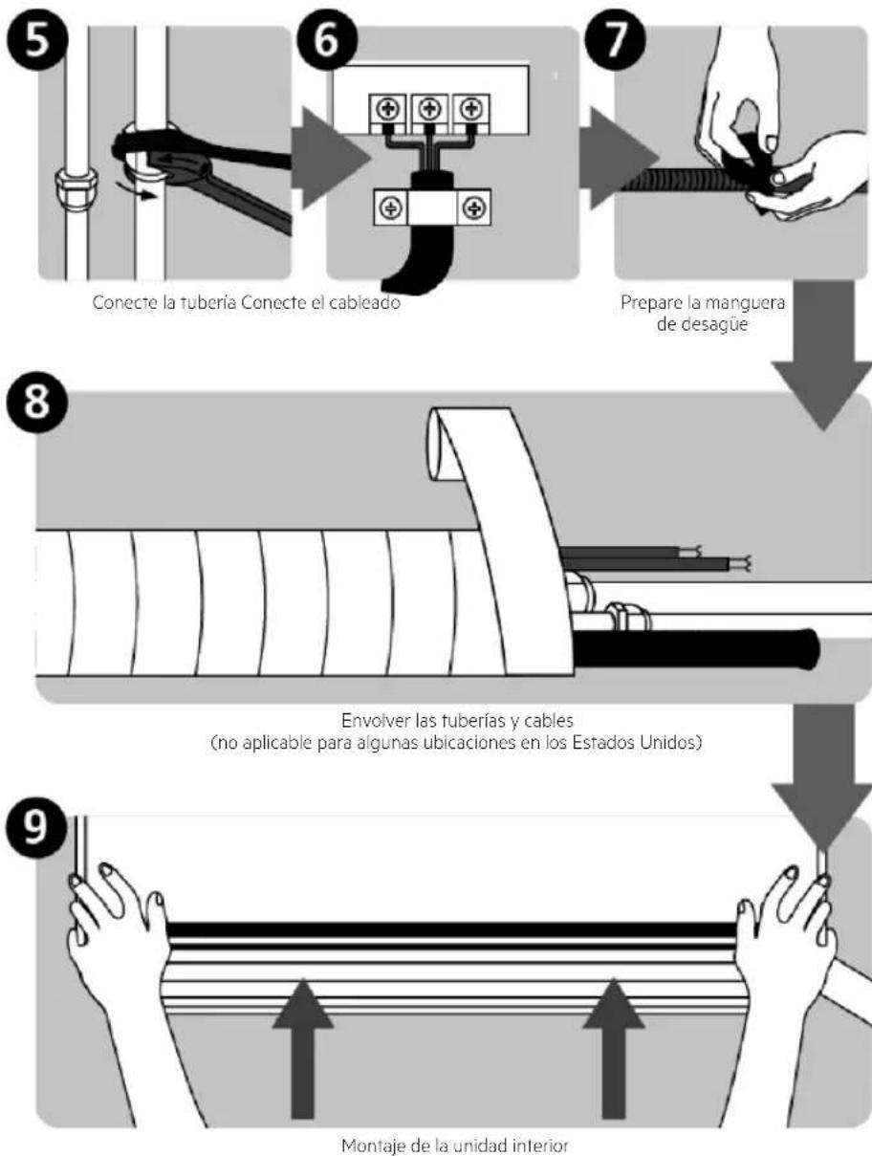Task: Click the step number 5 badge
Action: coord(37,40)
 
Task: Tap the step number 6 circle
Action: coord(327,40)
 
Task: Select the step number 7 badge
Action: coord(615,40)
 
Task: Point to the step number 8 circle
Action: coord(37,403)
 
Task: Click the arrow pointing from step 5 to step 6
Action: coord(332,158)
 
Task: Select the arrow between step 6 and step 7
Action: coord(620,158)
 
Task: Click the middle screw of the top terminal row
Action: coord(429,109)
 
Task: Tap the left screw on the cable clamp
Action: coord(390,207)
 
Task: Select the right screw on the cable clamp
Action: coord(475,207)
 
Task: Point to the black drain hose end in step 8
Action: coord(806,648)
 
